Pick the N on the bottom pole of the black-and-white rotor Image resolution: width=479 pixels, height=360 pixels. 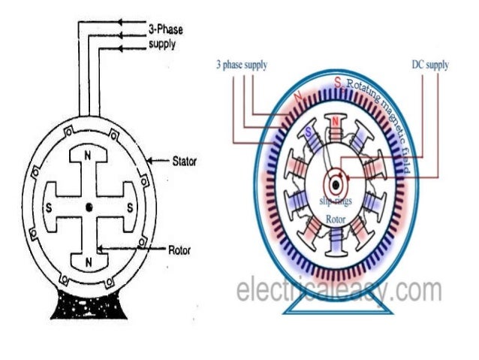point(89,262)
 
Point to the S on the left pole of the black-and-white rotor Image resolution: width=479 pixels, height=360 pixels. point(49,205)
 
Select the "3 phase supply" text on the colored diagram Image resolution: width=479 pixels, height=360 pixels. point(241,65)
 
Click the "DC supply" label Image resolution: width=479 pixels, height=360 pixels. point(431,65)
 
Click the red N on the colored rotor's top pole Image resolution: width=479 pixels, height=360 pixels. point(335,123)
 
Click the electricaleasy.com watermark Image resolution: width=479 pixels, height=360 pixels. point(338,289)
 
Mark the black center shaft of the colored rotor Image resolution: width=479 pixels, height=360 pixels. point(333,183)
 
